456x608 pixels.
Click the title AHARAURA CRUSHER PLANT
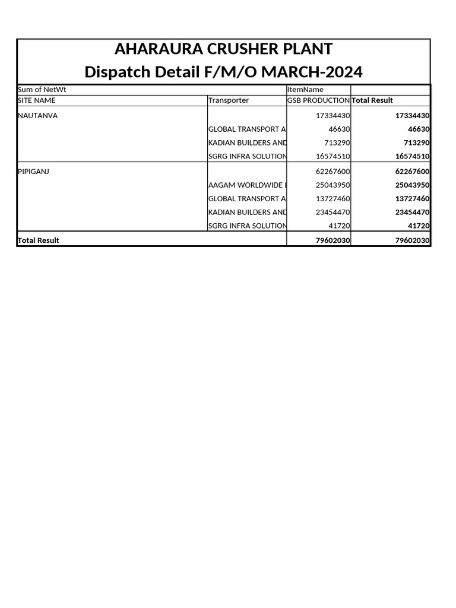[x=223, y=49]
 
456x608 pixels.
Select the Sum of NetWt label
[x=38, y=90]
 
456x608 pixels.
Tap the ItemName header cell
[x=305, y=90]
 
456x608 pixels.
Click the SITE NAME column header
[x=37, y=100]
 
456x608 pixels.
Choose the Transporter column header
[x=229, y=100]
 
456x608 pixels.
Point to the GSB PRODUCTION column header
[x=318, y=100]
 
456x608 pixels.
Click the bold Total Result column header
[x=372, y=100]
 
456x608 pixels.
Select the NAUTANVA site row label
[x=38, y=116]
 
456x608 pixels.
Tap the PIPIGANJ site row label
[x=33, y=172]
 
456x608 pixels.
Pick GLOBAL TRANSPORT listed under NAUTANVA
[x=247, y=129]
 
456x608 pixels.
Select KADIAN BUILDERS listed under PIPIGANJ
[x=247, y=213]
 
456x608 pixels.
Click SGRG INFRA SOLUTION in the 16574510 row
[x=247, y=156]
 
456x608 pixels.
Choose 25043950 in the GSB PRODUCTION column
[x=332, y=185]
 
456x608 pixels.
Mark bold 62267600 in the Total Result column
[x=412, y=172]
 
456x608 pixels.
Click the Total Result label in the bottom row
[x=39, y=240]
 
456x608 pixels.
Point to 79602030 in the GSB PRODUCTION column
[x=332, y=240]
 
